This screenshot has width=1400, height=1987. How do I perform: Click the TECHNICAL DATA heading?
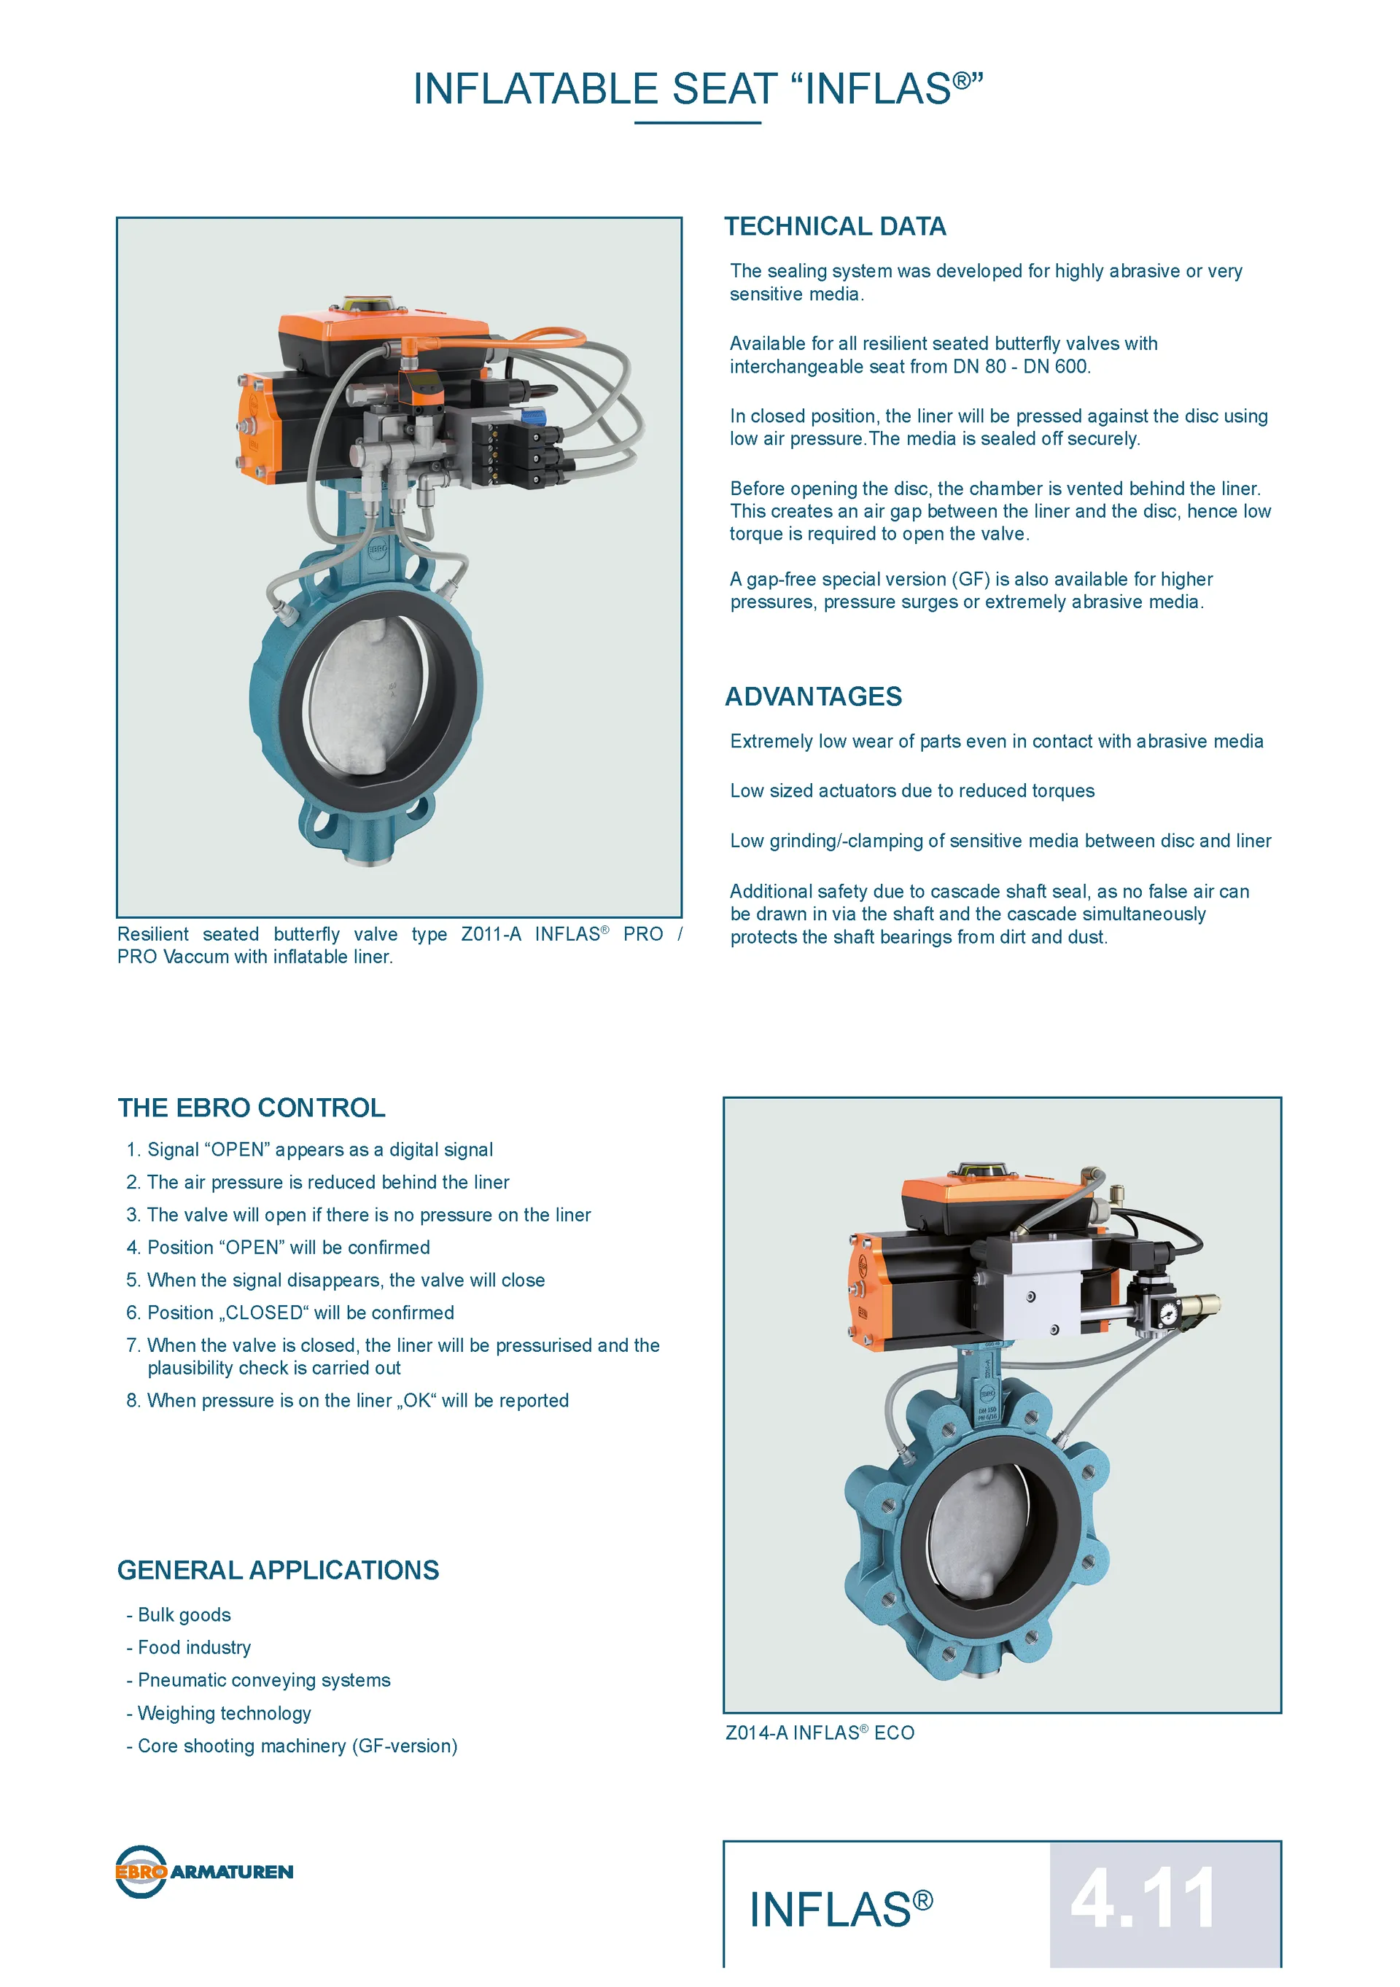tap(835, 227)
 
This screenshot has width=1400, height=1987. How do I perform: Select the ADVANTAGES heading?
tap(813, 696)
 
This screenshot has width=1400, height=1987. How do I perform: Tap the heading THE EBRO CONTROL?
tap(252, 1108)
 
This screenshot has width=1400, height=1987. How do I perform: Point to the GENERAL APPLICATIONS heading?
tap(279, 1570)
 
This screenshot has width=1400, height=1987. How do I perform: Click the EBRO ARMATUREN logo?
tap(204, 1871)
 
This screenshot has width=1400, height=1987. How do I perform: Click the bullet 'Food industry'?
tap(190, 1648)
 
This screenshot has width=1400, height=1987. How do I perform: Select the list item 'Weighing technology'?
tap(219, 1714)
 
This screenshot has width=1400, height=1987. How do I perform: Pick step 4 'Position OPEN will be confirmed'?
tap(279, 1247)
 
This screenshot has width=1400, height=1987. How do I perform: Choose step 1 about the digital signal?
tap(310, 1149)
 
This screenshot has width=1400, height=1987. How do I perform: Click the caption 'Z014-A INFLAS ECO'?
tap(820, 1733)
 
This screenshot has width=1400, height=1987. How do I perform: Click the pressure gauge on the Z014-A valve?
tap(1168, 1313)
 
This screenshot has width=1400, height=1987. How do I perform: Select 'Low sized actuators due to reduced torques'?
tap(912, 791)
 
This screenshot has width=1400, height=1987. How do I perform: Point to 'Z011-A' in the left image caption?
tap(491, 935)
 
